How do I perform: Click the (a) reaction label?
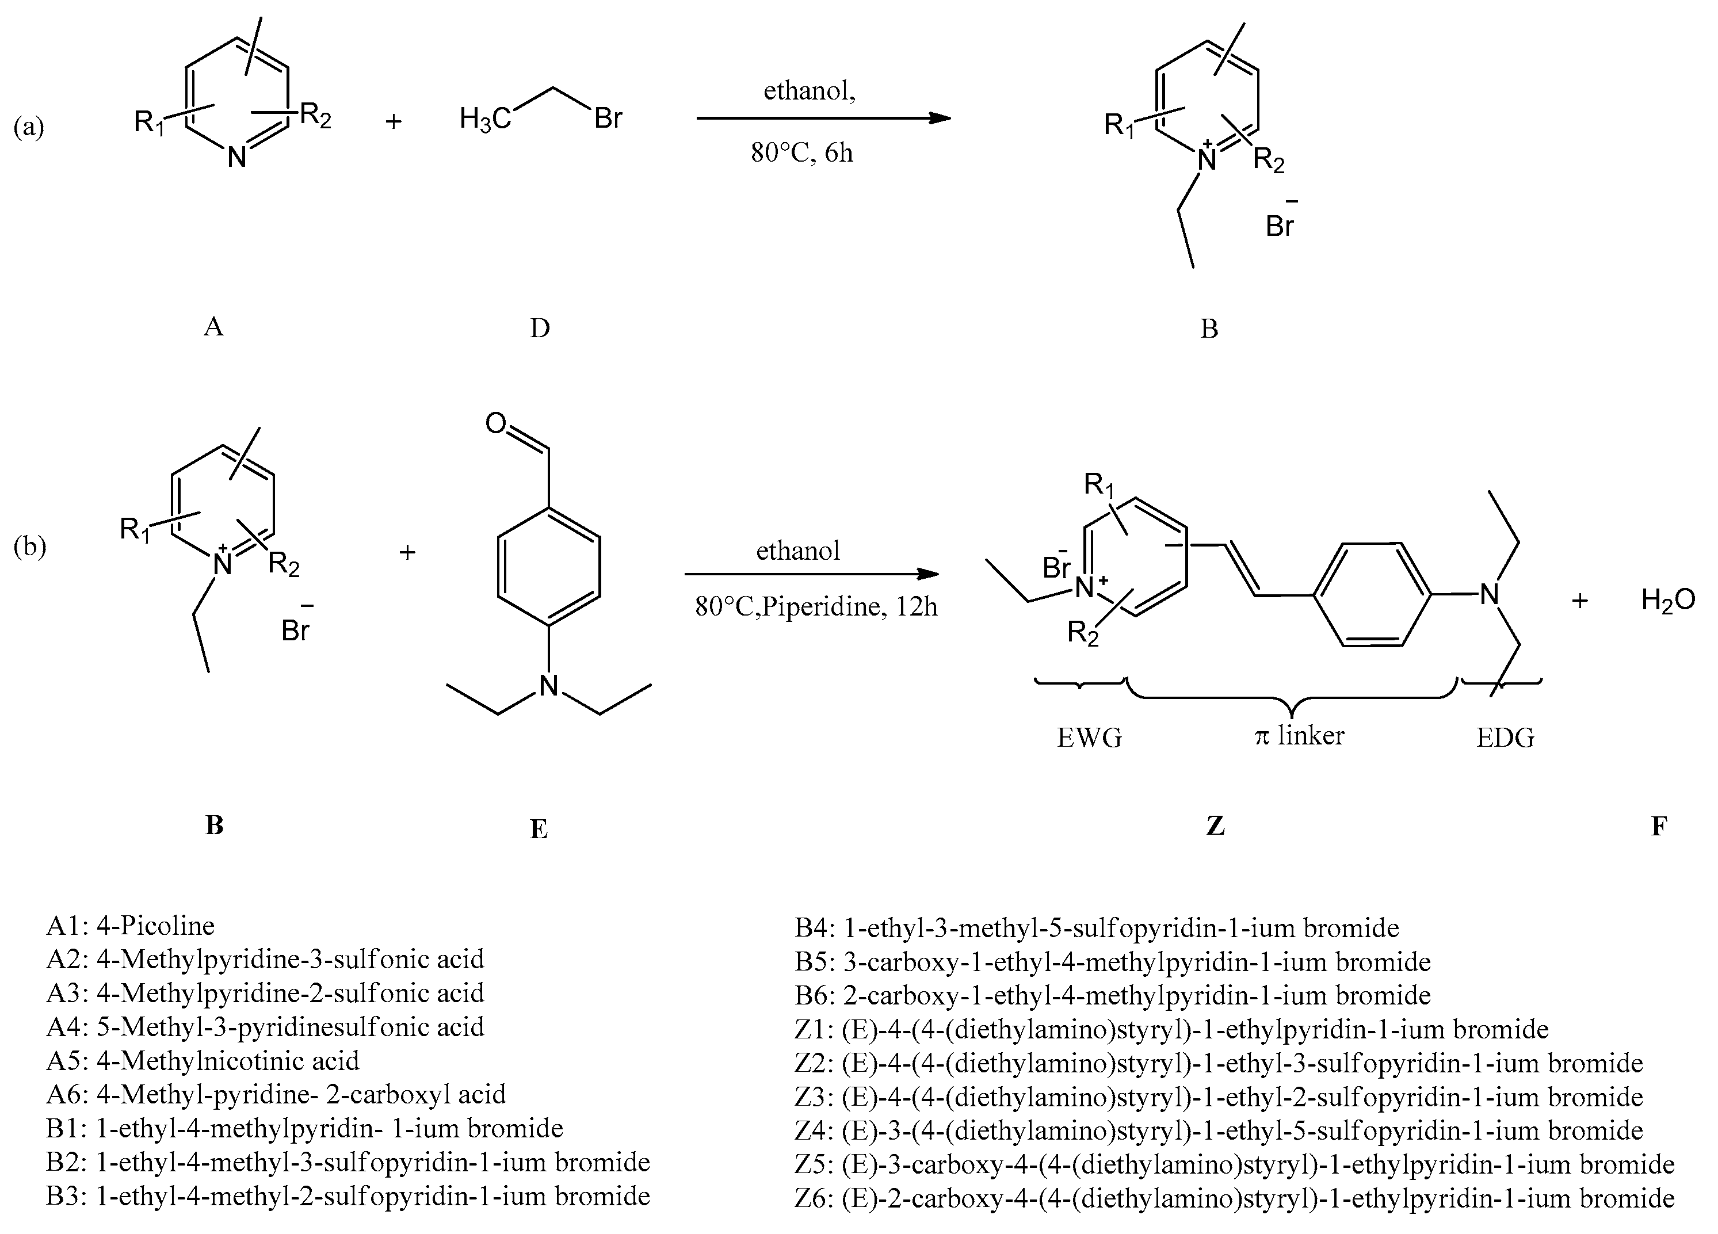29,127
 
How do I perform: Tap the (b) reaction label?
29,546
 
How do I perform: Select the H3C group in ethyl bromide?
486,119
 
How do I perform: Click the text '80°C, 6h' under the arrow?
801,153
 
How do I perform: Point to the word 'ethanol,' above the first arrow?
809,91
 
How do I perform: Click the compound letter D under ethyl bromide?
539,328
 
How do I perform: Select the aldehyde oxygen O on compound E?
495,423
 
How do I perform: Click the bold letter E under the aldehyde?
539,830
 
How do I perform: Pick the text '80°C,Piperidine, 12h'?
816,607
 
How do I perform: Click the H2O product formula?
1668,601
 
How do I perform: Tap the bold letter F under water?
1659,825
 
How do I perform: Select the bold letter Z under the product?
1215,825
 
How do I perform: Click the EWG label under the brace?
1089,737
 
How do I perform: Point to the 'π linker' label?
1299,735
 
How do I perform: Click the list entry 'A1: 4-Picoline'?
130,925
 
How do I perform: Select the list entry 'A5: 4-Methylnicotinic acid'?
203,1060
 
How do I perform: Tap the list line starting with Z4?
1219,1130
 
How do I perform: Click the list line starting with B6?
1112,995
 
